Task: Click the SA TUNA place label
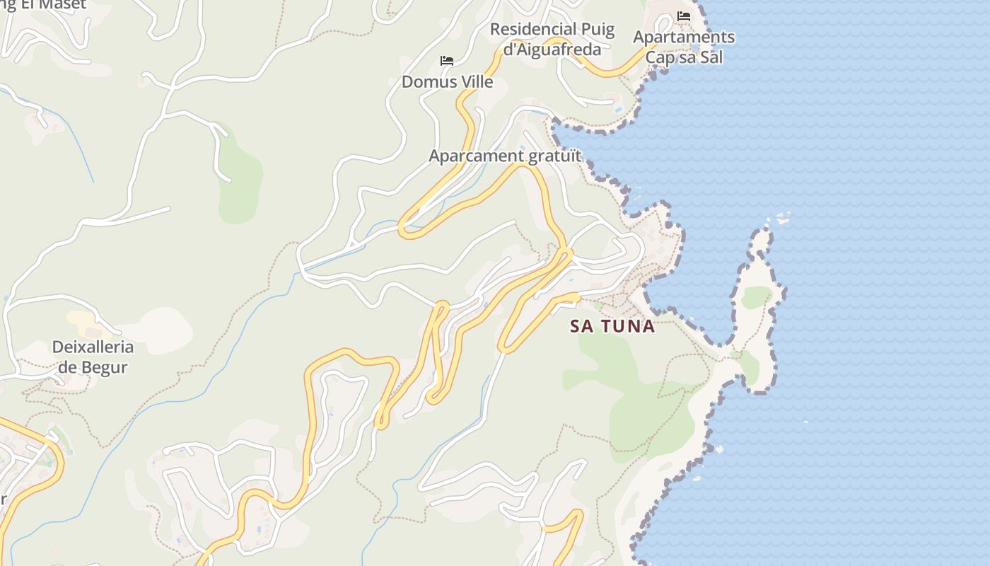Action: (612, 326)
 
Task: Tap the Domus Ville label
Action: (447, 81)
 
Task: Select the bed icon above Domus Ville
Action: (447, 61)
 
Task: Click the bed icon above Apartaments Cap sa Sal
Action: (683, 16)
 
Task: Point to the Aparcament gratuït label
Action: (505, 156)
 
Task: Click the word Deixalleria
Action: (93, 347)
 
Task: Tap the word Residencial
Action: (533, 30)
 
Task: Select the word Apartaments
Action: (684, 37)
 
